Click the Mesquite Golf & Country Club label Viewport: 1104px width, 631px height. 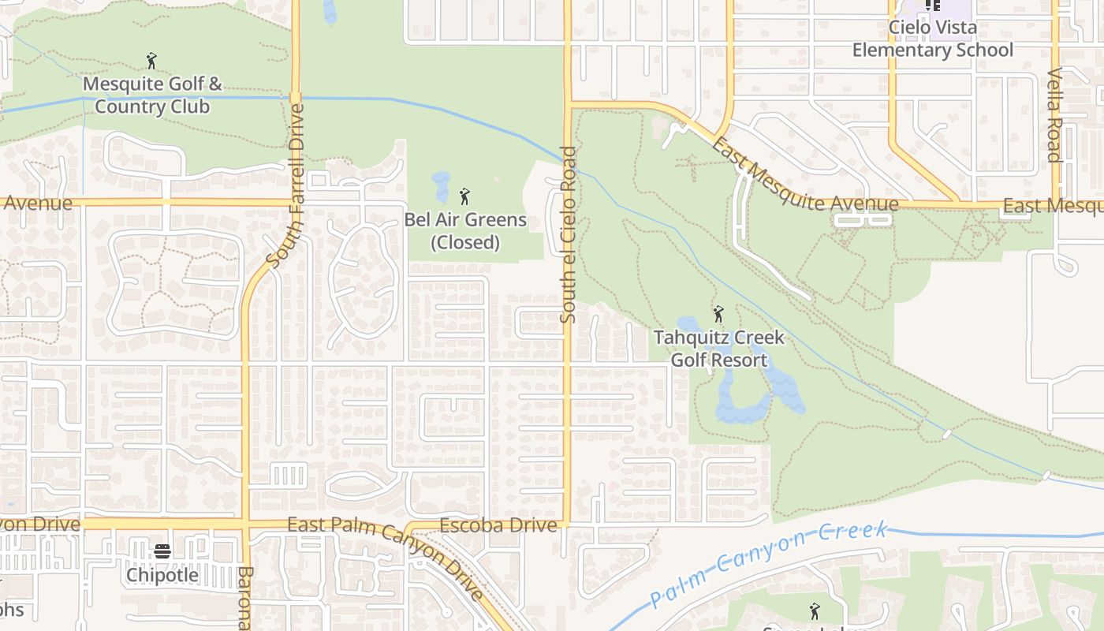pos(152,95)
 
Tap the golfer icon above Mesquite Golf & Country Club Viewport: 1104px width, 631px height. pos(152,60)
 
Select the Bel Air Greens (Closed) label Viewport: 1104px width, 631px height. pos(465,230)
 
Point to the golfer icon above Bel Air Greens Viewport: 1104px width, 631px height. pos(464,196)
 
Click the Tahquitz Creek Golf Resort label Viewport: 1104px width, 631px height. pos(718,349)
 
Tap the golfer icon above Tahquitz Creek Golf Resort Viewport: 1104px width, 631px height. pos(718,315)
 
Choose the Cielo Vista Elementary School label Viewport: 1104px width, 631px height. pos(932,39)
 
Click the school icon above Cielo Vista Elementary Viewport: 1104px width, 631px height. pos(933,5)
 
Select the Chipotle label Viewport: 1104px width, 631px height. pos(162,575)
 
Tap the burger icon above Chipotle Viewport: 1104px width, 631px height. pos(162,551)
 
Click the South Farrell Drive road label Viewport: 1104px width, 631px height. pos(285,185)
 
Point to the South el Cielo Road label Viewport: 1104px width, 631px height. pos(568,234)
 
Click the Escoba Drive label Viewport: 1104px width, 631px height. pos(498,525)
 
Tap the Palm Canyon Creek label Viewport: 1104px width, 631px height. pos(769,564)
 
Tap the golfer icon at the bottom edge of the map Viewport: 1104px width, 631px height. pos(815,611)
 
